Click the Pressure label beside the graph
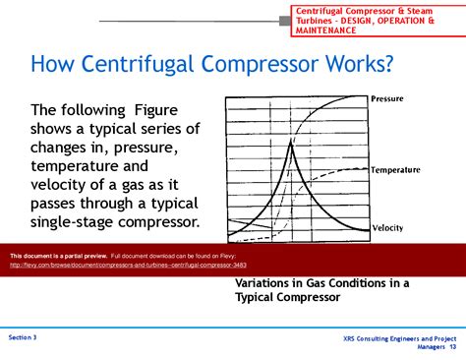pyautogui.click(x=393, y=98)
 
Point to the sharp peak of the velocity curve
pyautogui.click(x=291, y=143)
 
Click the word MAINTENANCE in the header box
pyautogui.click(x=332, y=30)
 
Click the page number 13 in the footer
pyautogui.click(x=452, y=347)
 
